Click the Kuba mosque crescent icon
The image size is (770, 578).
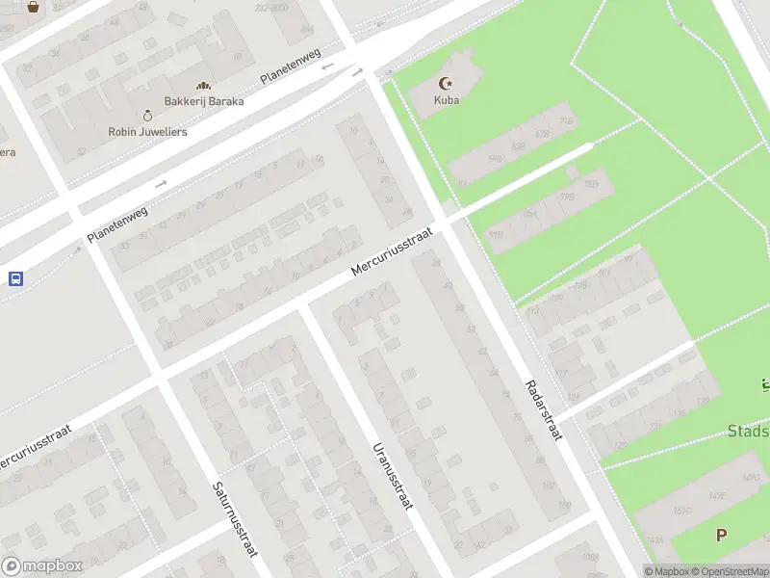pyautogui.click(x=445, y=84)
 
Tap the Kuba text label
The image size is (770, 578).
pyautogui.click(x=446, y=100)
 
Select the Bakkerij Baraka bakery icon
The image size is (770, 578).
pyautogui.click(x=203, y=86)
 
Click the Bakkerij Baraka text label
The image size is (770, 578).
pyautogui.click(x=203, y=101)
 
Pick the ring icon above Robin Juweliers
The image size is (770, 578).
pyautogui.click(x=147, y=115)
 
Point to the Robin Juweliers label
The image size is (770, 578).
pyautogui.click(x=147, y=131)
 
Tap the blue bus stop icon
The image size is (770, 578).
pyautogui.click(x=15, y=278)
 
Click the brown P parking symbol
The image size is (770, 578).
pyautogui.click(x=720, y=535)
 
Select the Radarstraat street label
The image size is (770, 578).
pyautogui.click(x=543, y=410)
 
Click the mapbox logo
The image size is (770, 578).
pyautogui.click(x=41, y=565)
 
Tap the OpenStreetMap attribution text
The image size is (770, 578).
pyautogui.click(x=732, y=571)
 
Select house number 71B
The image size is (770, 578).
pyautogui.click(x=566, y=120)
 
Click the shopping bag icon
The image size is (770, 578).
pyautogui.click(x=33, y=6)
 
